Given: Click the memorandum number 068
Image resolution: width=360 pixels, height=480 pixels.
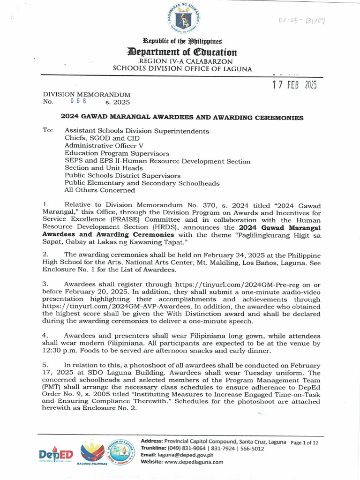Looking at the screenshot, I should (78, 101).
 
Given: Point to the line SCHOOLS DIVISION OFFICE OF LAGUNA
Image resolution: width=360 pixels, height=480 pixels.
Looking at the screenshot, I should (182, 69).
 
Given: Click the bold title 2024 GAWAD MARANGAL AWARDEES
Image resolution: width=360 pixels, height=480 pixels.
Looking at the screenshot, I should (182, 118).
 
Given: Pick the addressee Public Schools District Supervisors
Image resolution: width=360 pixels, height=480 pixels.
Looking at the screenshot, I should (122, 175).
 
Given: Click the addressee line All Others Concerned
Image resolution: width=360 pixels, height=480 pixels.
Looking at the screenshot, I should (99, 190).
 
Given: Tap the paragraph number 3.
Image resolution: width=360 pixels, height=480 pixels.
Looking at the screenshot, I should (45, 284).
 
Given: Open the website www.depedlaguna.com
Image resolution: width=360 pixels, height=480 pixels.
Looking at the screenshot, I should (197, 462).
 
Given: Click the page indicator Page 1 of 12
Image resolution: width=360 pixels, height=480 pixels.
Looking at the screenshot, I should (305, 442).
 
